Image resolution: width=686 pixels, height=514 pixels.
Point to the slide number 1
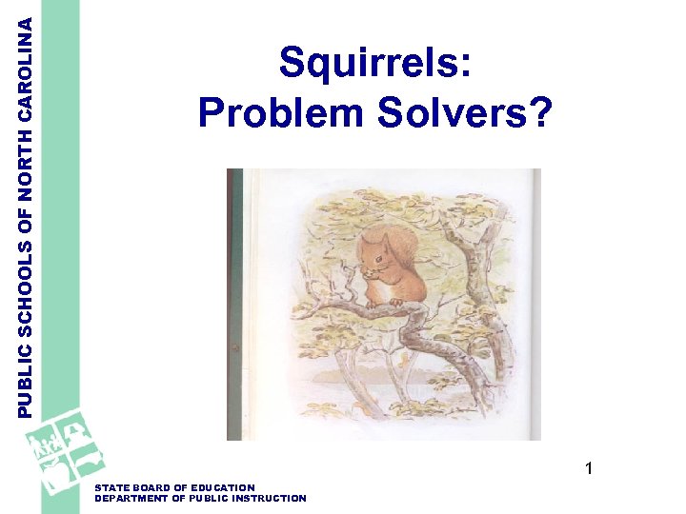(x=589, y=468)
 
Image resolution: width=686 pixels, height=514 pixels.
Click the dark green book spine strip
(x=234, y=305)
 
